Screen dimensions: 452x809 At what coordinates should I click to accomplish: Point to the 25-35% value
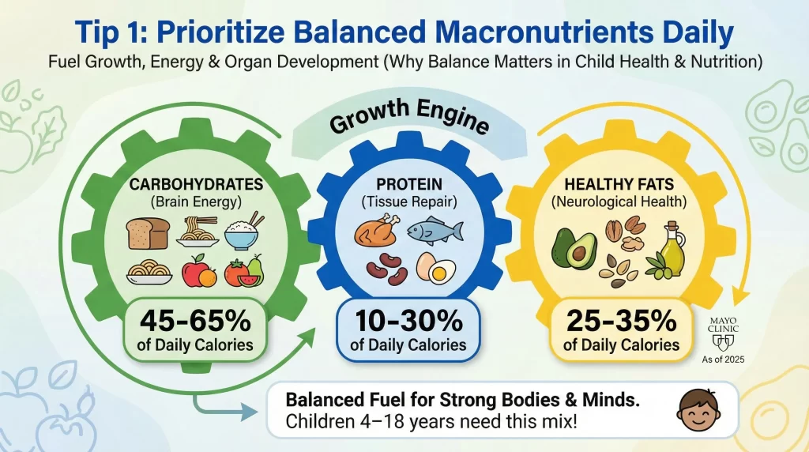pyautogui.click(x=621, y=321)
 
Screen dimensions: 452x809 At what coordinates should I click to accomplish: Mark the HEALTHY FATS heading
pyautogui.click(x=620, y=185)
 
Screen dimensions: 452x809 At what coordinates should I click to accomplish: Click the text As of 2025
pyautogui.click(x=724, y=358)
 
